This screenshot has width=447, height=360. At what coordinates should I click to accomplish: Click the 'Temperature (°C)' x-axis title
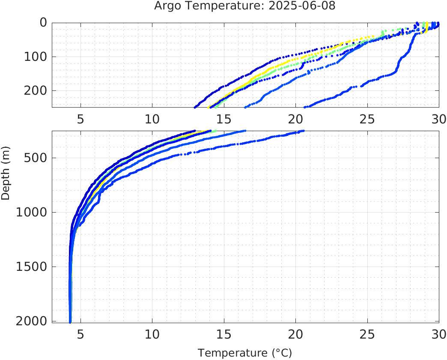pyautogui.click(x=244, y=353)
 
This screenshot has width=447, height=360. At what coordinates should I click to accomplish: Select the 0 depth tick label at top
pyautogui.click(x=43, y=23)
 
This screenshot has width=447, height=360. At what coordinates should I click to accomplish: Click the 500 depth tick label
pyautogui.click(x=37, y=158)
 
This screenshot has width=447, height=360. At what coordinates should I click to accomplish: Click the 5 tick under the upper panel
pyautogui.click(x=80, y=118)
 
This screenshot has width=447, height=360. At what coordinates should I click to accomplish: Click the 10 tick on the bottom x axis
pyautogui.click(x=152, y=333)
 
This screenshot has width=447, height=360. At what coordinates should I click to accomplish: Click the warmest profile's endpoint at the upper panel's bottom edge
pyautogui.click(x=304, y=107)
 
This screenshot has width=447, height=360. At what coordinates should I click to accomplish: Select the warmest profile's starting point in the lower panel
pyautogui.click(x=303, y=131)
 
